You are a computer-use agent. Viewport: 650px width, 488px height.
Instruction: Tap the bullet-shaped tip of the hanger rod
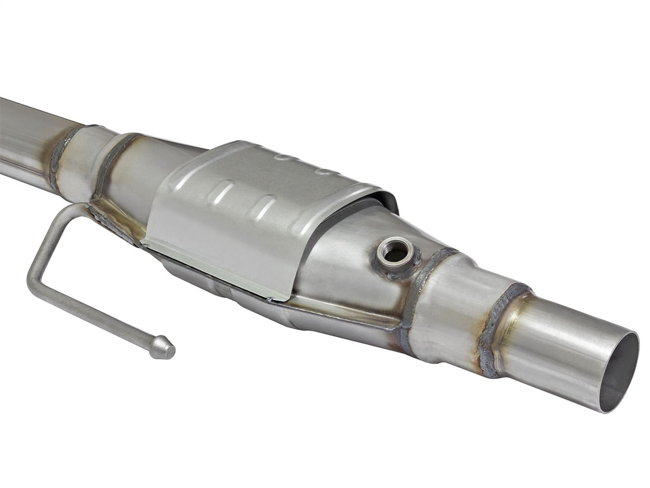[x=162, y=348]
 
